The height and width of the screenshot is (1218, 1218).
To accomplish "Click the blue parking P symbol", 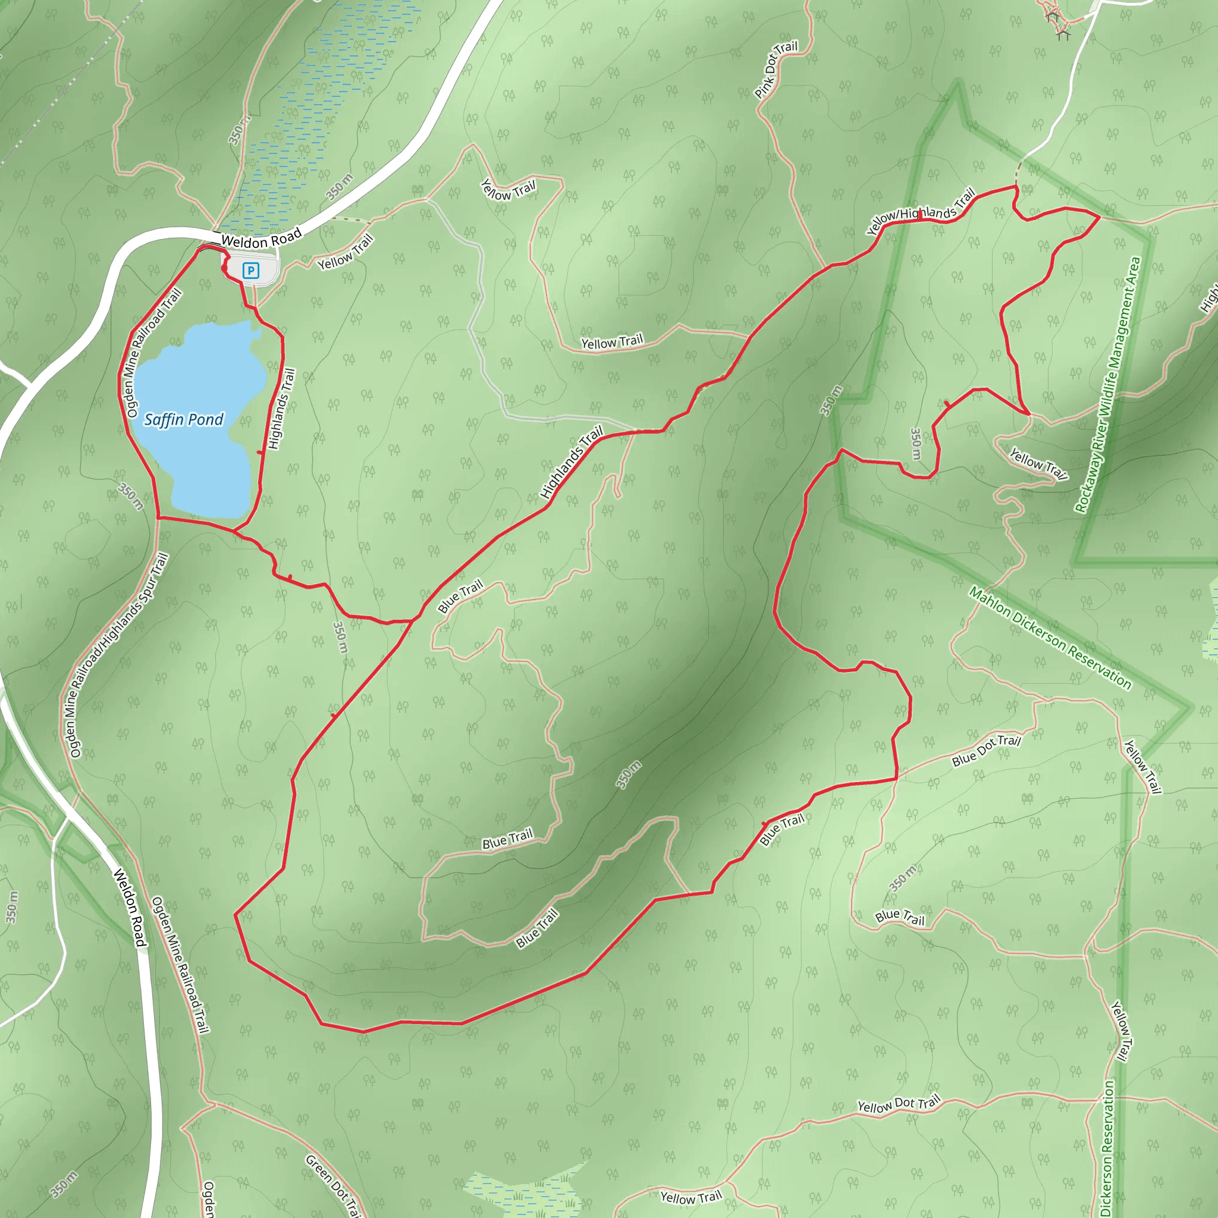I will (251, 271).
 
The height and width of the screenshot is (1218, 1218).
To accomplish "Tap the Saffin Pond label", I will (183, 419).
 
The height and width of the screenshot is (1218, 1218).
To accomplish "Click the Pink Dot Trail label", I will (776, 70).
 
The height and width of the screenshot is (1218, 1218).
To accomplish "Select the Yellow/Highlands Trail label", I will (921, 212).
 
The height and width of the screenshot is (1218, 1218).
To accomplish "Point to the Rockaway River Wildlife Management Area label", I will (1107, 385).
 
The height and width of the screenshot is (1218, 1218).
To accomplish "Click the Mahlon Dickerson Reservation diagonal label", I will (1050, 637).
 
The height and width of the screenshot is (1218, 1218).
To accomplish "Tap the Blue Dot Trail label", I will (986, 750).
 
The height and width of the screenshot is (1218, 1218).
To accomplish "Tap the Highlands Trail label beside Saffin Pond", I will (281, 409).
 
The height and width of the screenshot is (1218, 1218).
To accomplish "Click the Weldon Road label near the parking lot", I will (261, 240).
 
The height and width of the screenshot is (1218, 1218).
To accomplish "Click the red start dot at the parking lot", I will (224, 269).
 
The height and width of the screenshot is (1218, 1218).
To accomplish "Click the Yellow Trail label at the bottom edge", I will (690, 1197).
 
